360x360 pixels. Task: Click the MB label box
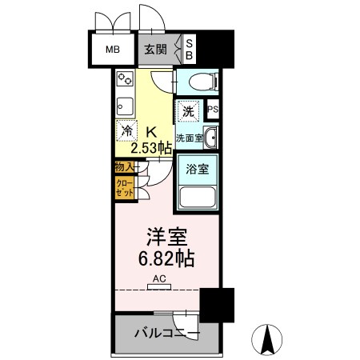point(113,49)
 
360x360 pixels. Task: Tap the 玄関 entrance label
point(155,49)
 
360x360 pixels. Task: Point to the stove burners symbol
point(126,80)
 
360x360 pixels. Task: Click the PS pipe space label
point(214,110)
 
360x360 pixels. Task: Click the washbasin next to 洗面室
point(210,138)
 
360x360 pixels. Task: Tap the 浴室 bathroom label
point(198,170)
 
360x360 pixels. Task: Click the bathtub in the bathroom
point(198,197)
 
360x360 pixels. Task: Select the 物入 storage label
point(123,167)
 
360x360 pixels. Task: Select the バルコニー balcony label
point(166,333)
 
